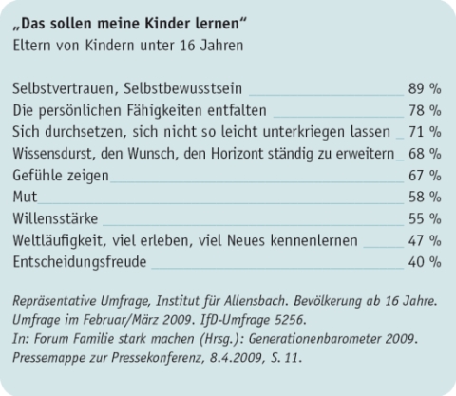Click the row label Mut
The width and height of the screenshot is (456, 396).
pyautogui.click(x=26, y=197)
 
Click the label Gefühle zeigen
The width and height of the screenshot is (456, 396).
pyautogui.click(x=61, y=175)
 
